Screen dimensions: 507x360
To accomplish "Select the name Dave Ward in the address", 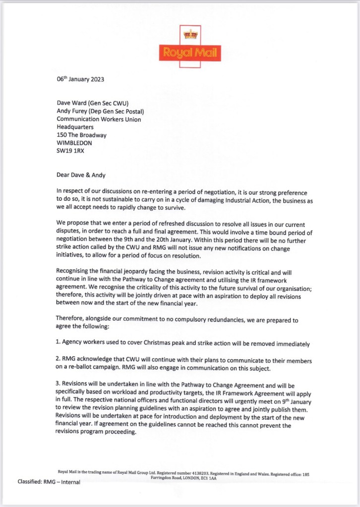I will pyautogui.click(x=72, y=103).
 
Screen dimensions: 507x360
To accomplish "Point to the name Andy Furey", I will pyautogui.click(x=73, y=111).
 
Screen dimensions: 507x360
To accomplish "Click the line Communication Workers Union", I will pyautogui.click(x=99, y=119).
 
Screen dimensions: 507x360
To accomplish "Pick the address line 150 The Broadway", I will pyautogui.click(x=82, y=135).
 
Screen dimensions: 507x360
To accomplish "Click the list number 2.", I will pyautogui.click(x=58, y=360).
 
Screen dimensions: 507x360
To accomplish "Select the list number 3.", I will pyautogui.click(x=58, y=384).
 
